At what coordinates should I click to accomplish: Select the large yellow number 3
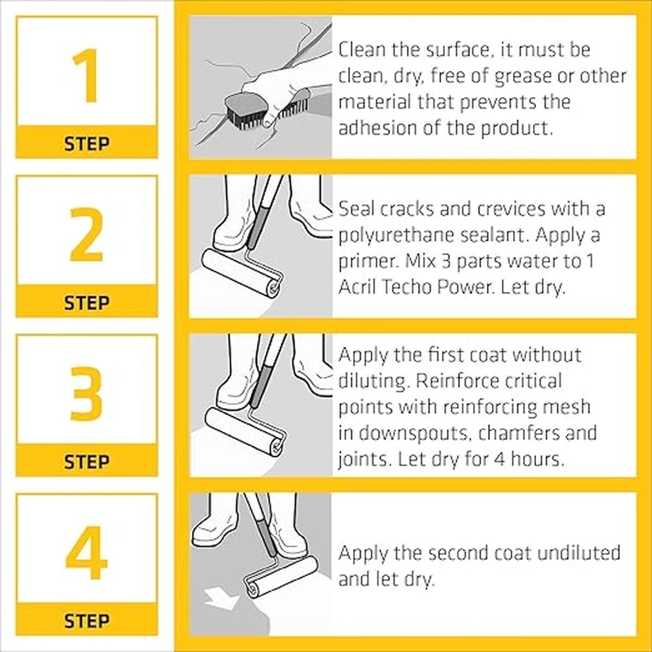click(x=86, y=393)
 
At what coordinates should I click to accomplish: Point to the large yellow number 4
click(x=86, y=553)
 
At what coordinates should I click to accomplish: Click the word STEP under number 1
click(x=87, y=144)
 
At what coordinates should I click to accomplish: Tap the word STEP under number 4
click(x=87, y=621)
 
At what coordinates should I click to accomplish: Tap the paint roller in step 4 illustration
click(x=280, y=577)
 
